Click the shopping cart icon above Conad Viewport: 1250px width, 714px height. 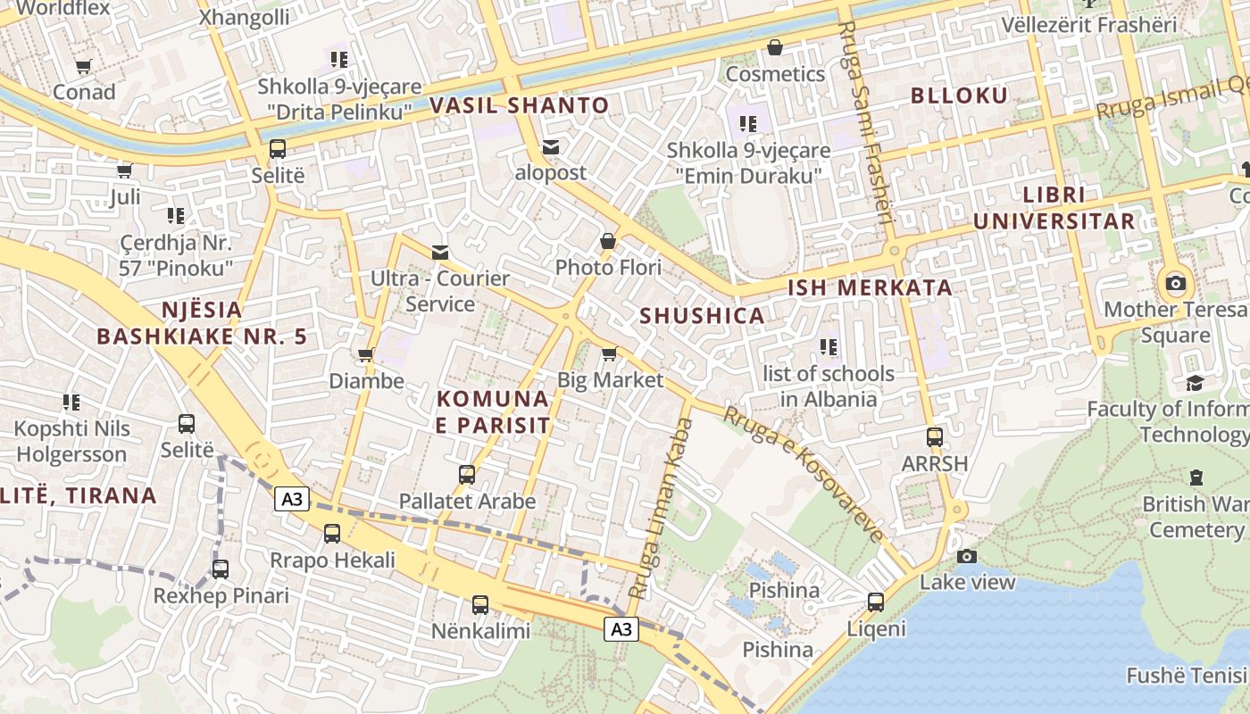point(84,66)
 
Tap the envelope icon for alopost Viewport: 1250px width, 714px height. point(551,147)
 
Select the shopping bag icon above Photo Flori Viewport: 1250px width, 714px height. point(608,241)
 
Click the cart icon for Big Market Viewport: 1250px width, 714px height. point(610,354)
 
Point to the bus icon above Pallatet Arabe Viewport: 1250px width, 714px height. point(467,475)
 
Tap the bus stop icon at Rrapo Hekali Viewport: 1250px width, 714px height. point(332,534)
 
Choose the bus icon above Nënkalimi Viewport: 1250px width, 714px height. point(480,605)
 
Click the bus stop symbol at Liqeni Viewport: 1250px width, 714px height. point(876,602)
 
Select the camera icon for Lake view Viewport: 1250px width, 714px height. point(966,557)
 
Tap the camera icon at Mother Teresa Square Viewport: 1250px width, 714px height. point(1176,284)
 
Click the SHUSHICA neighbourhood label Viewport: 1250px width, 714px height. point(702,315)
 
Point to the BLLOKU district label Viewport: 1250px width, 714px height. point(959,95)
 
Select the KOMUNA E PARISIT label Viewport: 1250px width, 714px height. point(493,411)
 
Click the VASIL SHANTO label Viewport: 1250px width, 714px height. point(520,105)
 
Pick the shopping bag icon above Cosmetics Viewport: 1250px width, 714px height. point(774,47)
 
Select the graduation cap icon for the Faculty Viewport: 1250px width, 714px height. point(1195,383)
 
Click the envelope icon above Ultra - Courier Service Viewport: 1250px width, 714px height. point(440,253)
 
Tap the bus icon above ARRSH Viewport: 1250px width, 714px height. point(934,437)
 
